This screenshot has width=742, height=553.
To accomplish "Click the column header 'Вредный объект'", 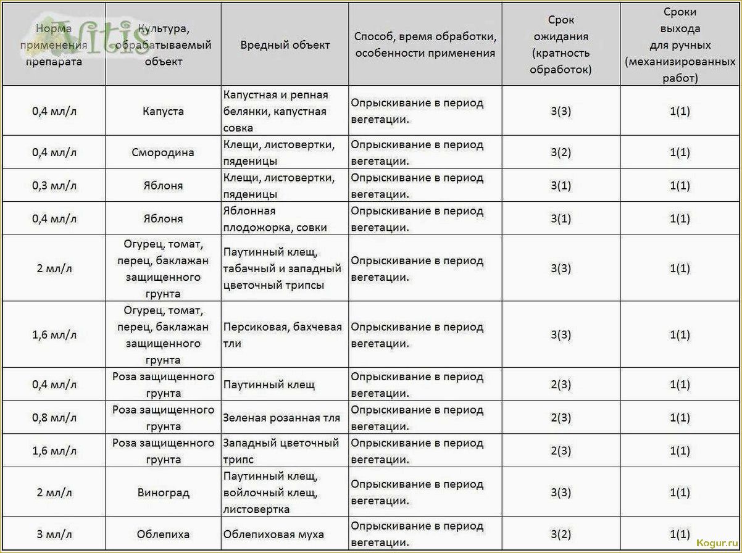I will click(x=285, y=45).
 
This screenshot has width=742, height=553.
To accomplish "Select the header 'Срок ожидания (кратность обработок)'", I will click(x=561, y=45).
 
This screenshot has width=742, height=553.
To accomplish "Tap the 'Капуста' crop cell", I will click(x=163, y=112).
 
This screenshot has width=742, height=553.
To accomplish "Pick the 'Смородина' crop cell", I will click(x=163, y=152).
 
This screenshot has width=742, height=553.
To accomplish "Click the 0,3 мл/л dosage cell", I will click(x=54, y=186).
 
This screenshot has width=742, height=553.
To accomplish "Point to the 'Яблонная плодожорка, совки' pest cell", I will click(x=285, y=219).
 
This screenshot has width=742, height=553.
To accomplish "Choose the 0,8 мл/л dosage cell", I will click(x=54, y=418).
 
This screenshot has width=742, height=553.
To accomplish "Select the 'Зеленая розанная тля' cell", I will click(x=281, y=418).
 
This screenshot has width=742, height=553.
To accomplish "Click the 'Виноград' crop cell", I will click(x=163, y=493).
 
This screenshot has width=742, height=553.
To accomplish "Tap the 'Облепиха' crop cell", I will click(x=163, y=534).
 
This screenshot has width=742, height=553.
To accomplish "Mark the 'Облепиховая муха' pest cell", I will click(x=273, y=534).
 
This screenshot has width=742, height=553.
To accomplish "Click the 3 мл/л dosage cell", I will click(x=54, y=534).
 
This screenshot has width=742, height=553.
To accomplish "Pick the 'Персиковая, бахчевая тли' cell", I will click(x=283, y=335).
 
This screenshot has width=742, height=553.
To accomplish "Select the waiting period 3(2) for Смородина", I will click(x=561, y=152).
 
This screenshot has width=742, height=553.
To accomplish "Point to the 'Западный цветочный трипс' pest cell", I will click(x=281, y=451).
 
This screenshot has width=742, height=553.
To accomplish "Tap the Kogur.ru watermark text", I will click(x=717, y=543).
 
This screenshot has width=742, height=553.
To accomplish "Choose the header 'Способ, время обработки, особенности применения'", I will click(x=425, y=45).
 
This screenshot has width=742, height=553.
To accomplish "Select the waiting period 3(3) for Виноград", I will click(x=561, y=493).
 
